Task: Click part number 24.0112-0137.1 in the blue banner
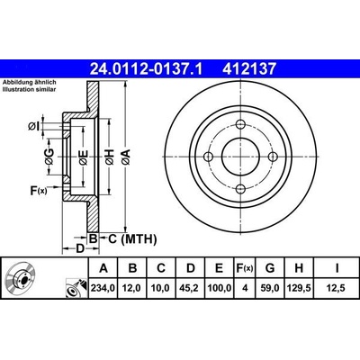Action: pyautogui.click(x=146, y=69)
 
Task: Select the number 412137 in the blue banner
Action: pyautogui.click(x=248, y=69)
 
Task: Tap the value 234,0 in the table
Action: pyautogui.click(x=103, y=288)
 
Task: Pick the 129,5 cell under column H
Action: pyautogui.click(x=299, y=288)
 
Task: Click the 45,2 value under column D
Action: pyautogui.click(x=191, y=288)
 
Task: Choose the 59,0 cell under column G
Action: pyautogui.click(x=270, y=288)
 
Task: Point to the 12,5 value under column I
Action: pyautogui.click(x=337, y=288)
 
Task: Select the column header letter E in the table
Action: pyautogui.click(x=219, y=268)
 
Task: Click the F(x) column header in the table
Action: pyautogui.click(x=245, y=268)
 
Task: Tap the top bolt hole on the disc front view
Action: pyautogui.click(x=240, y=124)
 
